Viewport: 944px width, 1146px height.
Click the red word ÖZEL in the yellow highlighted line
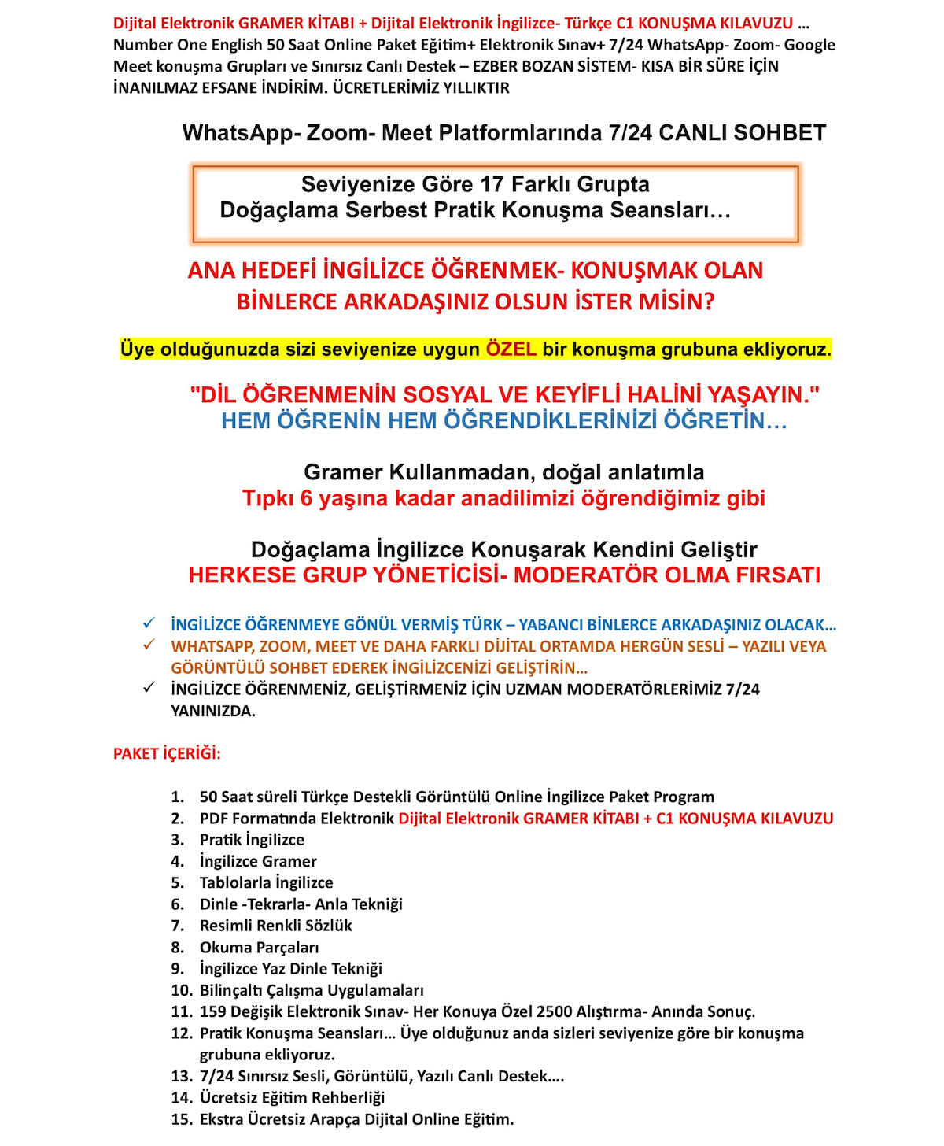click(511, 349)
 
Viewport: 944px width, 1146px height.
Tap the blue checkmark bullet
click(149, 623)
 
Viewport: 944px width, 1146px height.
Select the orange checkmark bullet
click(149, 645)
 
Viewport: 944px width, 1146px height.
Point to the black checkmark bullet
click(149, 688)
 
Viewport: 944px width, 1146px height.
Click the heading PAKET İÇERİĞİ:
click(167, 753)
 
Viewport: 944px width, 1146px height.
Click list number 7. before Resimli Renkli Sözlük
click(178, 926)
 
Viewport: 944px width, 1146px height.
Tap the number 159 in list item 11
click(213, 1011)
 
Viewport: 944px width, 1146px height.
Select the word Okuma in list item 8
click(225, 947)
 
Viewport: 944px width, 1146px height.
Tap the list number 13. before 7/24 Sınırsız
click(182, 1076)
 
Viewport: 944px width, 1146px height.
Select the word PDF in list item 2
click(213, 819)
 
